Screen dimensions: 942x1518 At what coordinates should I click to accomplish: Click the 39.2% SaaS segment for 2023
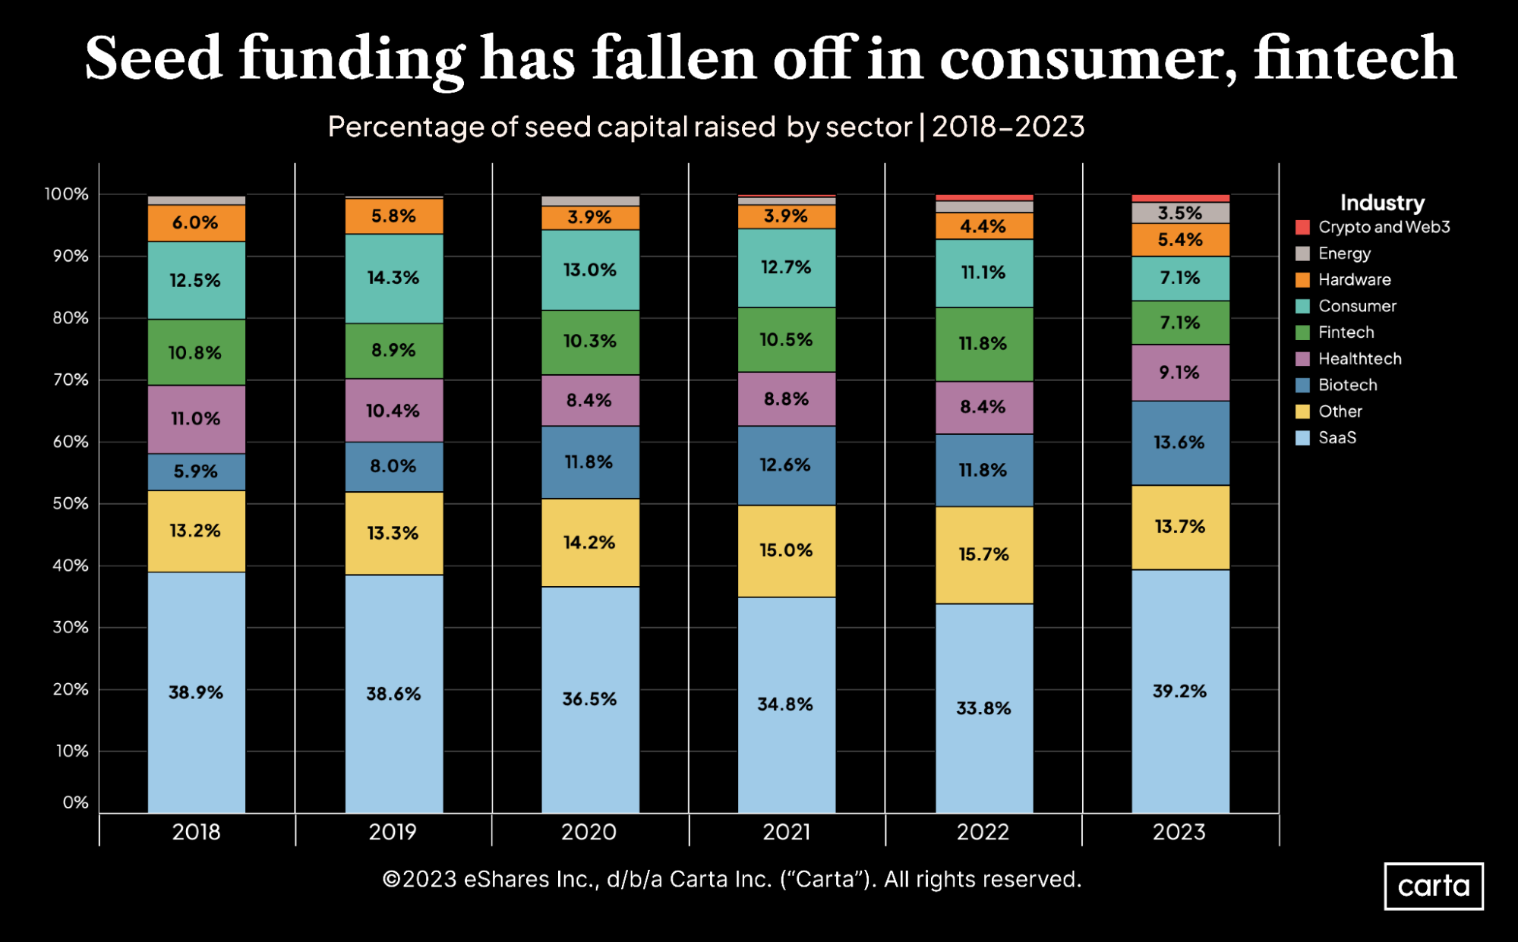click(1179, 691)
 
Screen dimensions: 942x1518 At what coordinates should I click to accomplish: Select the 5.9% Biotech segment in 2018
click(196, 471)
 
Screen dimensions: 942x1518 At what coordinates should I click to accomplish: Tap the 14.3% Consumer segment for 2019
click(393, 278)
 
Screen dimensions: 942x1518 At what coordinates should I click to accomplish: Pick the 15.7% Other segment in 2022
click(983, 554)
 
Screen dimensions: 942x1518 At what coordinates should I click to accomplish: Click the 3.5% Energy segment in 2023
click(1179, 213)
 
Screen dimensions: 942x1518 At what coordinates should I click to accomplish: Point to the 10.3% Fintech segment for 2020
click(589, 342)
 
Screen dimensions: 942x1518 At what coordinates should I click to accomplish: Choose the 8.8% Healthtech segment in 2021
click(786, 399)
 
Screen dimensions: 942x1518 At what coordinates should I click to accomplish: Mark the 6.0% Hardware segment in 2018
click(196, 222)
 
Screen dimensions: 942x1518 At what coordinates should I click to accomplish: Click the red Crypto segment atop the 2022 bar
click(983, 197)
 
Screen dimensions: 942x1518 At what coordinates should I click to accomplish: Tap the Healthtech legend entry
click(1359, 359)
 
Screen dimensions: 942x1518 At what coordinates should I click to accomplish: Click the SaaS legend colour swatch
click(1302, 438)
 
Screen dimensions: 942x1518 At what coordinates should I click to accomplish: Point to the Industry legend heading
click(1381, 203)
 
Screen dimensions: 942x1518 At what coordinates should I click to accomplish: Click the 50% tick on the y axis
click(71, 503)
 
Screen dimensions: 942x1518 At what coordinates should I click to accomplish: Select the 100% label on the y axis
click(67, 194)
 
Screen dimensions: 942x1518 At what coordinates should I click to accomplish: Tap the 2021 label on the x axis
click(786, 832)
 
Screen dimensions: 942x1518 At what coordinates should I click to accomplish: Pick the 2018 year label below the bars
click(196, 832)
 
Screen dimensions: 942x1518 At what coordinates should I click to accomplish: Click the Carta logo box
click(1433, 886)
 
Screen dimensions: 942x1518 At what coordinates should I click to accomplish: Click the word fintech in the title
click(1354, 59)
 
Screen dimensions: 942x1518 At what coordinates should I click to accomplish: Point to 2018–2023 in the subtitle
click(1008, 127)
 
